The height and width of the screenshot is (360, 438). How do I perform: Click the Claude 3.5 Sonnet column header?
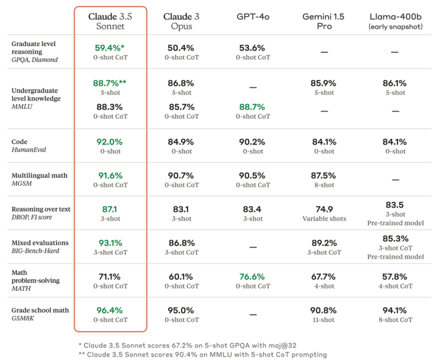(110, 20)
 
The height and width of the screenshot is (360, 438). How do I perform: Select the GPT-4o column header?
(253, 16)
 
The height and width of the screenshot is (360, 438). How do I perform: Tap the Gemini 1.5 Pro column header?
(323, 20)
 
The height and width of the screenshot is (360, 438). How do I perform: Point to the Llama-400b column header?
(395, 20)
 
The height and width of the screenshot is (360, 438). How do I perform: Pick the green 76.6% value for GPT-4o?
(253, 276)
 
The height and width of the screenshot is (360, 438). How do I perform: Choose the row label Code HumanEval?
(29, 145)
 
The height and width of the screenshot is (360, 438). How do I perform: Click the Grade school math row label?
(40, 314)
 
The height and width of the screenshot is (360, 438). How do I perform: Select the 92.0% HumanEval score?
(109, 141)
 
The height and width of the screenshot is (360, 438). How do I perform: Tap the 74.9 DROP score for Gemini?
(324, 209)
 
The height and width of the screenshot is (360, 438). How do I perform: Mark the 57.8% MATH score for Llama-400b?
(395, 276)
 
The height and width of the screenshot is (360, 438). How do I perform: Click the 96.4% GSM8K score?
(109, 310)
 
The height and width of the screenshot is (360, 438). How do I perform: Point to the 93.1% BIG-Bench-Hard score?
(109, 242)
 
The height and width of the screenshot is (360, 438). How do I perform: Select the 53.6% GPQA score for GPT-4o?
(253, 48)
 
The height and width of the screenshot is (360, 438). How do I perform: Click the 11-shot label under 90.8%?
(324, 319)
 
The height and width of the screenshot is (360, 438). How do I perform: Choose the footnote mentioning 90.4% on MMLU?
(202, 354)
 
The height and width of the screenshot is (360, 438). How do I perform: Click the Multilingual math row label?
(39, 179)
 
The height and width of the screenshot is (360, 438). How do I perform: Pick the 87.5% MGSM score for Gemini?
(324, 175)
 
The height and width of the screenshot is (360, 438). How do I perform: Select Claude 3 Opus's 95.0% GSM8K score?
(181, 310)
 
